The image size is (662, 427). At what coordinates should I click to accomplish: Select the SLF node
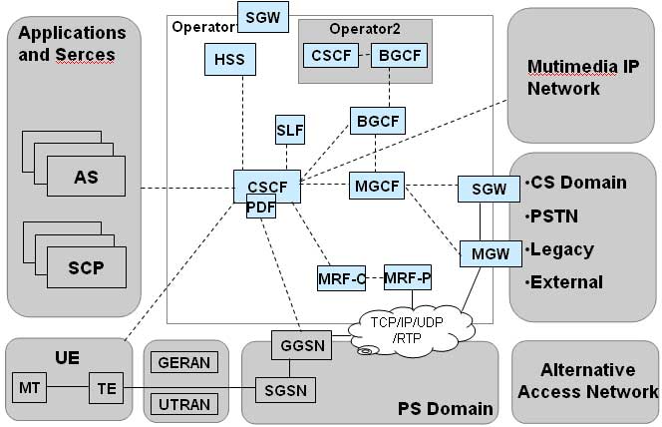(x=290, y=130)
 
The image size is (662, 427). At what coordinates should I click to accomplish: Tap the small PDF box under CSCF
(x=261, y=208)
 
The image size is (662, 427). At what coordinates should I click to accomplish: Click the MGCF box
(x=376, y=186)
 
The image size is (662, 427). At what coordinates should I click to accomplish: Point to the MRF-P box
(x=408, y=277)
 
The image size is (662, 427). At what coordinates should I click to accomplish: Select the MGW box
(x=491, y=252)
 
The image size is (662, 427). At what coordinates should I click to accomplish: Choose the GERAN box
(x=185, y=361)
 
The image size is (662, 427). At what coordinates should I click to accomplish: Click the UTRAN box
(x=185, y=402)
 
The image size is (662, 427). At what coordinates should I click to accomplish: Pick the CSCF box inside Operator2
(x=332, y=57)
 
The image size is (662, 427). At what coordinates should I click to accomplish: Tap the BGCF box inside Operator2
(x=397, y=57)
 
